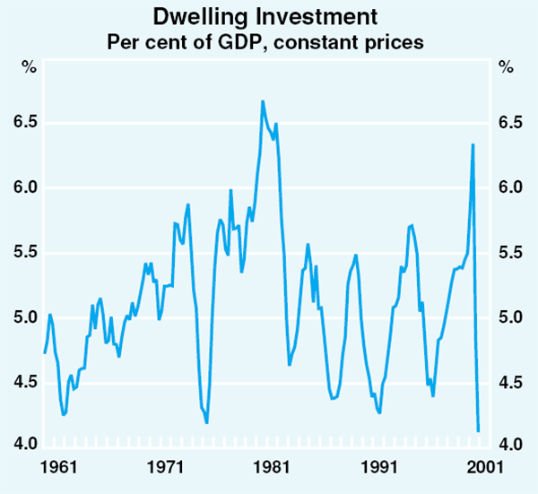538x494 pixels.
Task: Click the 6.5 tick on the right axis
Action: (509, 123)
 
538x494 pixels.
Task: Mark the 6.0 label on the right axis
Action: (509, 188)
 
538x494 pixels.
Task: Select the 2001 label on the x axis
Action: (476, 467)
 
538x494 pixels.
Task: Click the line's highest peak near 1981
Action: (263, 101)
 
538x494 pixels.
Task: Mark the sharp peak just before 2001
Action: (473, 144)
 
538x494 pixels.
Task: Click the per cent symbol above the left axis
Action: (29, 68)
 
